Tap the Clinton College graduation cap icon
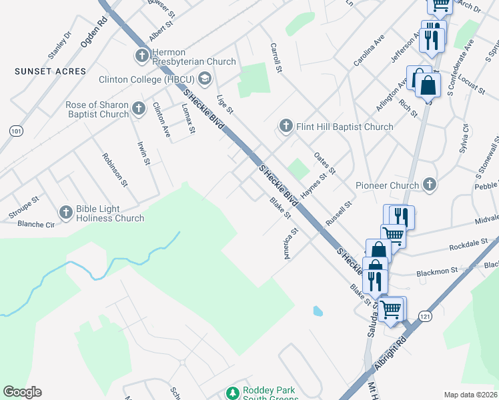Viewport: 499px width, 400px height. [x=204, y=79]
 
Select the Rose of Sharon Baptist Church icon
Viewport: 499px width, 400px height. [x=138, y=107]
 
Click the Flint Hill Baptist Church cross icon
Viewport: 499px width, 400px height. [x=286, y=126]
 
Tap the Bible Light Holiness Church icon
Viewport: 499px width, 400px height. [x=65, y=212]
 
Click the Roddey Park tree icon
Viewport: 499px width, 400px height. [x=232, y=393]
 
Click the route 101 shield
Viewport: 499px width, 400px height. [x=16, y=131]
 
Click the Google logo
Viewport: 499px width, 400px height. [x=22, y=392]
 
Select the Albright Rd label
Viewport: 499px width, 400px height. [x=392, y=351]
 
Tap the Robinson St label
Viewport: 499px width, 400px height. [x=114, y=167]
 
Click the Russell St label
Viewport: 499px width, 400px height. [x=338, y=214]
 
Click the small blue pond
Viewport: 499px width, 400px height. [x=318, y=311]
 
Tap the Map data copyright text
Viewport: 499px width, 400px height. [x=470, y=395]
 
